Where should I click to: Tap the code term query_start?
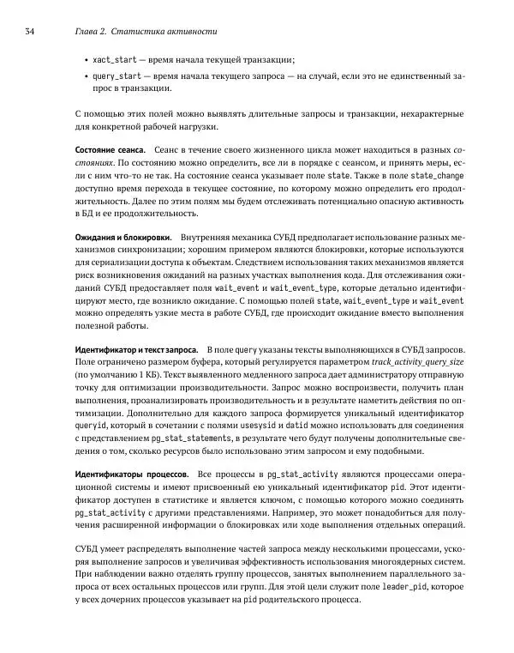tap(117, 76)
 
